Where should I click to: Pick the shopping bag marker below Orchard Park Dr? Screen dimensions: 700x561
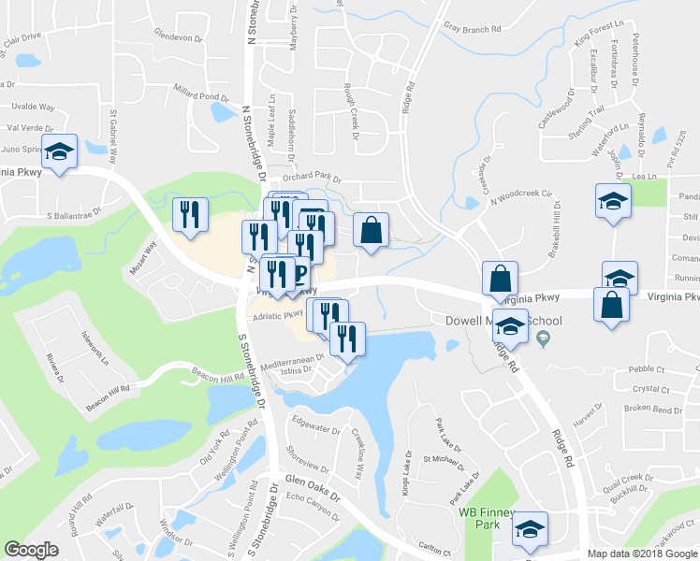[372, 230]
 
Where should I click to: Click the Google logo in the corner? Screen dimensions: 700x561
[32, 550]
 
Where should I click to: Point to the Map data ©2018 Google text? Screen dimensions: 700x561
[641, 554]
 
